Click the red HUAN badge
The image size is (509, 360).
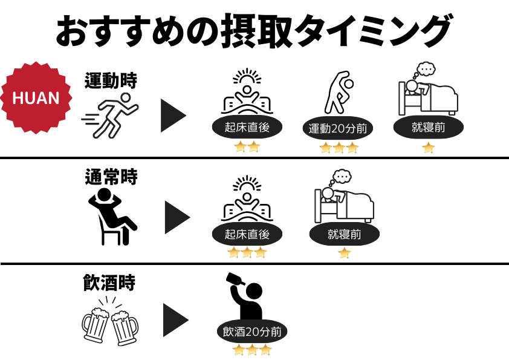click(36, 97)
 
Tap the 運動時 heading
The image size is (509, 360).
click(111, 80)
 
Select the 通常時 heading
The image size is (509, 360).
click(111, 177)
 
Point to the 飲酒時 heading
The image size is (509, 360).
click(109, 283)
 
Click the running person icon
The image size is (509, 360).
click(110, 116)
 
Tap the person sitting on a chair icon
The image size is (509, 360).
click(112, 217)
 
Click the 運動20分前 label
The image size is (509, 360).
click(337, 128)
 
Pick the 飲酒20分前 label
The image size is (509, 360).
click(252, 332)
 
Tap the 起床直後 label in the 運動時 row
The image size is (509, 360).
click(247, 127)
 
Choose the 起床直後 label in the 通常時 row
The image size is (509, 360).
click(247, 234)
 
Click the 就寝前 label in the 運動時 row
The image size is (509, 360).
click(428, 127)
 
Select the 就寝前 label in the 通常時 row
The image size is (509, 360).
click(344, 234)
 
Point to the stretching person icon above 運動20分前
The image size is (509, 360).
click(339, 93)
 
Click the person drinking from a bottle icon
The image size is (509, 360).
click(244, 296)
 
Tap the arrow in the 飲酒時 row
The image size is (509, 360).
click(176, 320)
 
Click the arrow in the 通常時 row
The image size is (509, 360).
click(177, 217)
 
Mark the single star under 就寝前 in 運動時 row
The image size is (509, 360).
click(429, 148)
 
